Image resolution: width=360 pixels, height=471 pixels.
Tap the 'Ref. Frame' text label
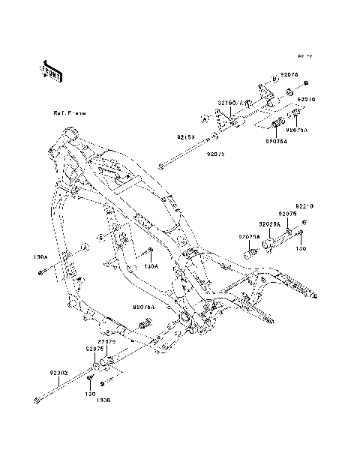pos(69,113)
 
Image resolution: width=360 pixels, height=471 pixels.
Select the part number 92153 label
pos(186,137)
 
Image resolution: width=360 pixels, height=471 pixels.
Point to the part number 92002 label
pos(59,372)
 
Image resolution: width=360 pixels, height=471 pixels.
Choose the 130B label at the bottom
pos(103,400)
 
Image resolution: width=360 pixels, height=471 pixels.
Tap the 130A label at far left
pos(40,256)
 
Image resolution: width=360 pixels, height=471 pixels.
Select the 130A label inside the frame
pos(151,265)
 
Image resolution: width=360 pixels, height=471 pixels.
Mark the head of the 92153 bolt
pos(160,167)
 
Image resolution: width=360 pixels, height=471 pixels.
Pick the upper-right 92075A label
pos(296,129)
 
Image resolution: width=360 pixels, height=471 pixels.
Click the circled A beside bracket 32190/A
pos(203,118)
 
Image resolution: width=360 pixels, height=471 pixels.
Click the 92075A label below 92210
pos(249,236)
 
